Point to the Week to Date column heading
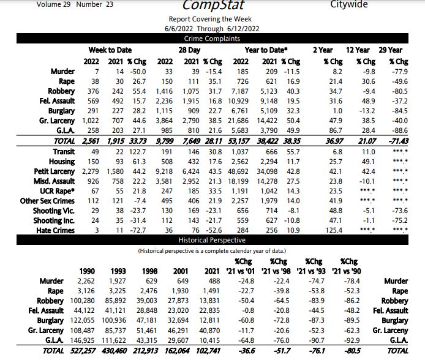click(110, 50)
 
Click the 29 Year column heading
click(391, 50)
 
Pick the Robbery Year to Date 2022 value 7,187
click(240, 91)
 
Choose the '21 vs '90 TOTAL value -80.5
click(348, 350)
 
